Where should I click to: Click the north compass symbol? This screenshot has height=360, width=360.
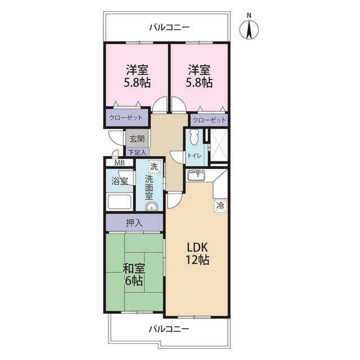249,29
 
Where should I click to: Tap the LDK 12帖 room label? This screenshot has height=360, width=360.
197,254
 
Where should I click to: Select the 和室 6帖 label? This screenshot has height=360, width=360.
134,274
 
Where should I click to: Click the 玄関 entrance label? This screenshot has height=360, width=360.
137,139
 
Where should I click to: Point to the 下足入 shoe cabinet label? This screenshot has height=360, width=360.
137,152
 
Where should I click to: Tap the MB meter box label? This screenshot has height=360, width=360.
119,163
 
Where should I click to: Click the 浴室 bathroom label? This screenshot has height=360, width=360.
119,181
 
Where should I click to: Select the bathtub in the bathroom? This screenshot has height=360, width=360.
119,202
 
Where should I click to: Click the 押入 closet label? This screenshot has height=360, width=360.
134,223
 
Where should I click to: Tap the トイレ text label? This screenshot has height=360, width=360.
195,156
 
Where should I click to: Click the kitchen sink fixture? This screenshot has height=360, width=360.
196,175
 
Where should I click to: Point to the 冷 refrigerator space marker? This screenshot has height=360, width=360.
220,206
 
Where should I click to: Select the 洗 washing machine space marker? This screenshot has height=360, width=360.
154,166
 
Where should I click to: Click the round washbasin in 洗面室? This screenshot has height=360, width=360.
151,207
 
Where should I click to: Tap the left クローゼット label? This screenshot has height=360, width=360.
125,118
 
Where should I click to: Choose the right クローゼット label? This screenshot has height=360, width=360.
209,120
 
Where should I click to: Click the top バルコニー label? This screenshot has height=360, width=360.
169,28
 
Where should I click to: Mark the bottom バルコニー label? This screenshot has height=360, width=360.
169,329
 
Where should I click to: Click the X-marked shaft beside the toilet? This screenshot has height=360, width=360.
219,145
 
